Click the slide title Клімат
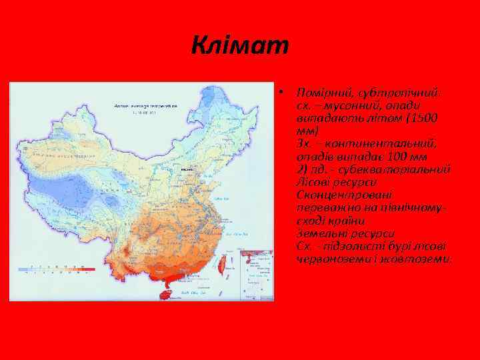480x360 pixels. [x=240, y=46]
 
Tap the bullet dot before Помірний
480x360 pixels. [x=283, y=91]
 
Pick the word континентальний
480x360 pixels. [x=387, y=144]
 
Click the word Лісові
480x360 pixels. [x=313, y=182]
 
